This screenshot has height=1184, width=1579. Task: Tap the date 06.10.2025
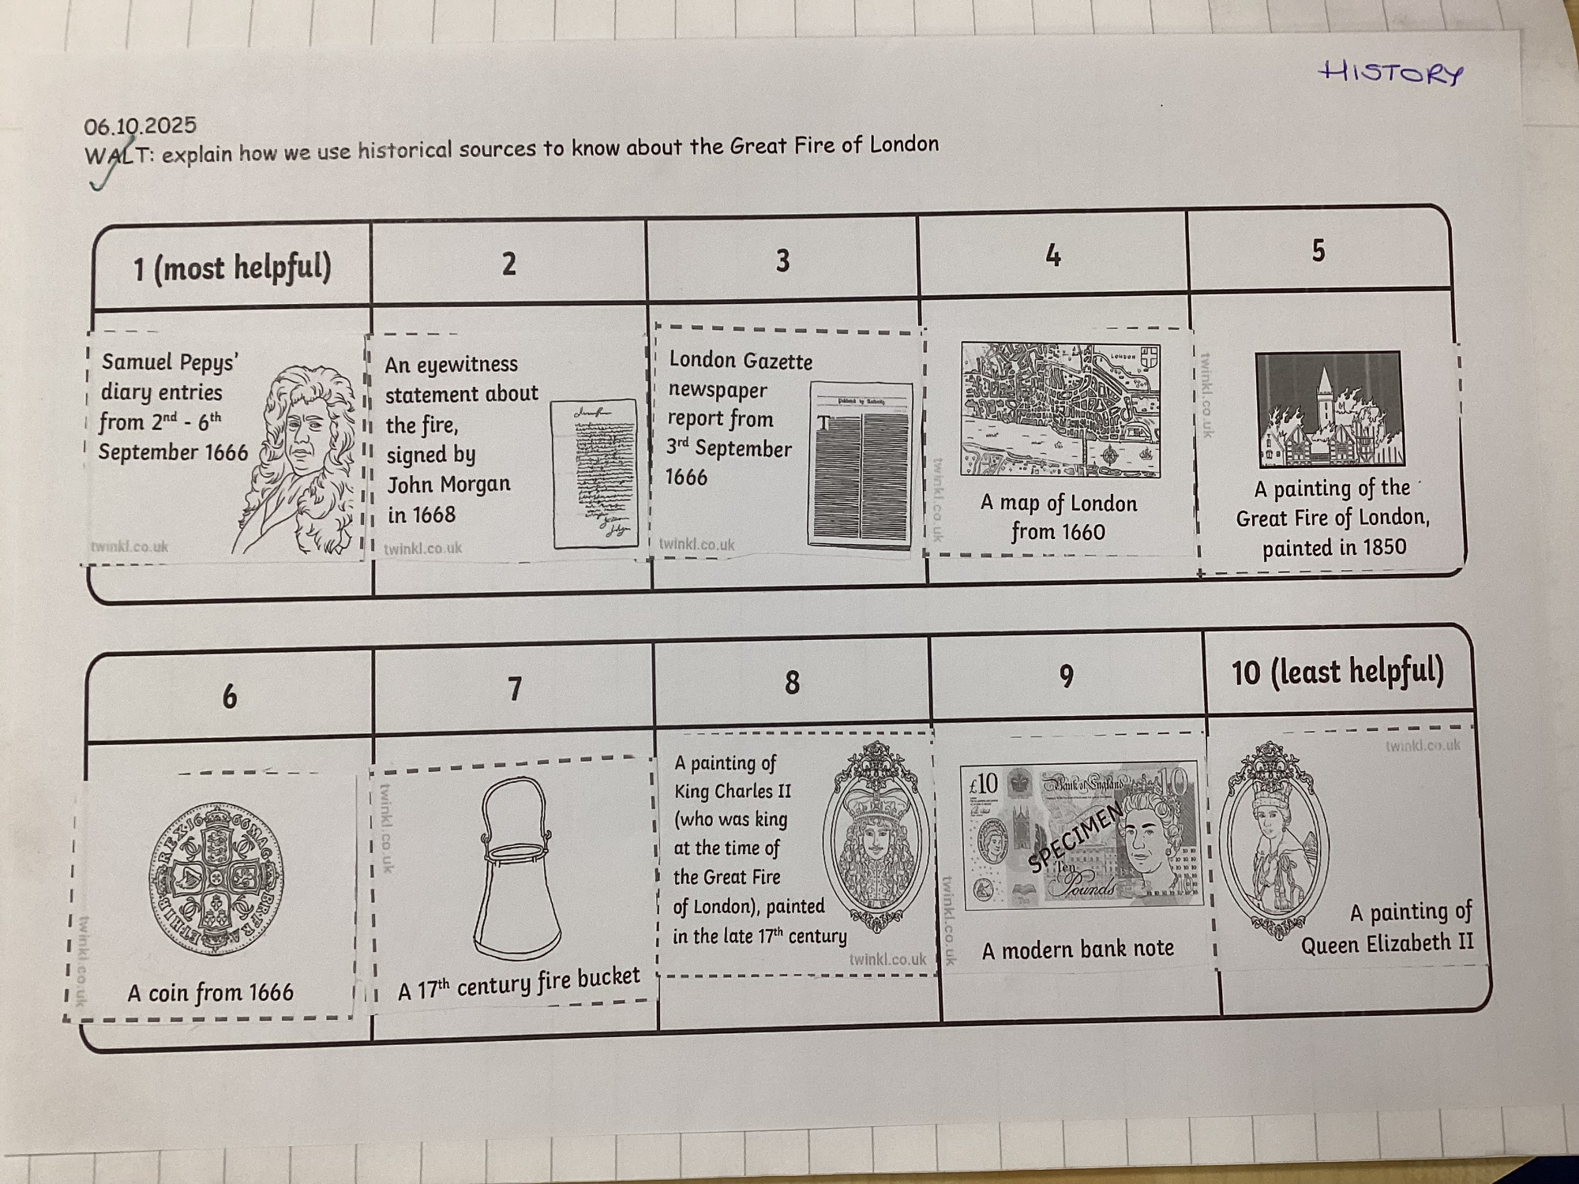click(141, 126)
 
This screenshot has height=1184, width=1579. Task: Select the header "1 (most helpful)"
click(232, 268)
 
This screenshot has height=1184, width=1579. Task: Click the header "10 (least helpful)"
click(1338, 672)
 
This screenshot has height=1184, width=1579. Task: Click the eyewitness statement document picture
click(594, 474)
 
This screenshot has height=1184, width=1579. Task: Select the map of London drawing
click(1060, 410)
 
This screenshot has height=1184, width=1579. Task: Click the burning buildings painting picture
click(1330, 410)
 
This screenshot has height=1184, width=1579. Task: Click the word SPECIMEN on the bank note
click(1075, 838)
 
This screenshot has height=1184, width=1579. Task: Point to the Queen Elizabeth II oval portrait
click(1273, 841)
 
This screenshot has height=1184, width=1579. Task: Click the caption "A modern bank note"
click(1078, 949)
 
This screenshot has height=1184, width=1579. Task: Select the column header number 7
click(515, 689)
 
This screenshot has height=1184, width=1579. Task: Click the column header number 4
click(1052, 256)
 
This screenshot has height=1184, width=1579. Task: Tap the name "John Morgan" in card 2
click(448, 484)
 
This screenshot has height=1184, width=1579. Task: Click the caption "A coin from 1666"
click(210, 992)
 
